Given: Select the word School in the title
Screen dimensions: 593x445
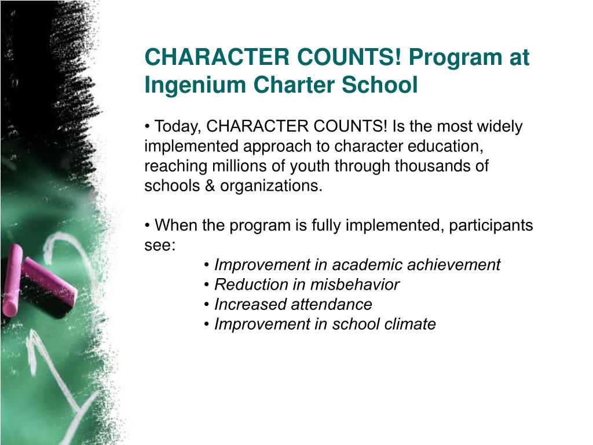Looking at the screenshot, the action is (x=380, y=85).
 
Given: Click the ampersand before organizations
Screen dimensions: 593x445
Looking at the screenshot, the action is (x=210, y=186).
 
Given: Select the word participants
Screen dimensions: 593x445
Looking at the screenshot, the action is (x=490, y=225).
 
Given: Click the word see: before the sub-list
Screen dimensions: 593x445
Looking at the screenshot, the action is (x=160, y=245).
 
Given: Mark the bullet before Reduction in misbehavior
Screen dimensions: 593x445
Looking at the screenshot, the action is (x=207, y=284).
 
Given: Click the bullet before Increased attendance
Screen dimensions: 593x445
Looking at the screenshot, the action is (x=207, y=304).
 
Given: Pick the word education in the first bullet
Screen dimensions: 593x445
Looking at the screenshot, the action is (x=445, y=147).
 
